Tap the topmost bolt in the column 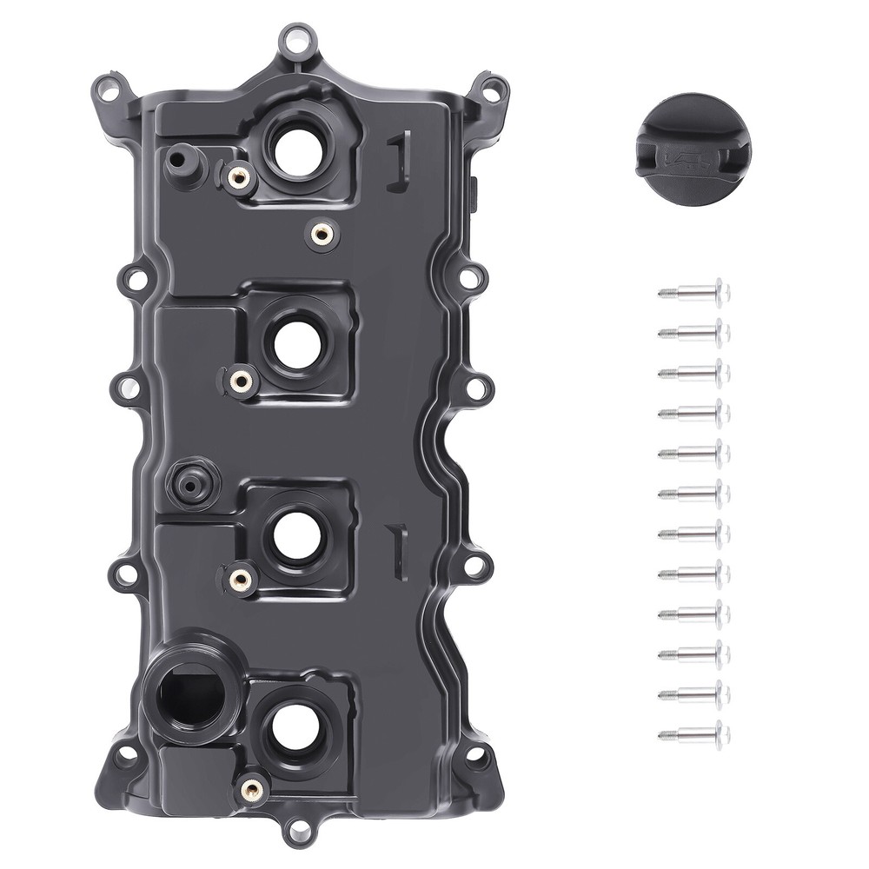695,292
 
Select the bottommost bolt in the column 695,734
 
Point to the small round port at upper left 179,160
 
